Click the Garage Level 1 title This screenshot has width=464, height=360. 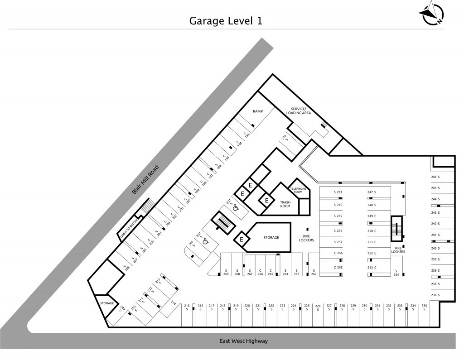(225, 21)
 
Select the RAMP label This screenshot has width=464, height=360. (258, 111)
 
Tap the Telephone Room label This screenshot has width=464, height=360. (298, 190)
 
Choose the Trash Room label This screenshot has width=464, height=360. (285, 204)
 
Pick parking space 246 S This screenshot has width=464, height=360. (436, 177)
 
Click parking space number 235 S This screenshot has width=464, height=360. (424, 307)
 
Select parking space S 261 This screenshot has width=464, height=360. (338, 192)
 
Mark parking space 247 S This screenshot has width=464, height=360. (372, 192)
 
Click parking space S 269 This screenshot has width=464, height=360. (225, 273)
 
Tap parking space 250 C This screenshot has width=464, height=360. (372, 231)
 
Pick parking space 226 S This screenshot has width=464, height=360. (318, 308)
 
